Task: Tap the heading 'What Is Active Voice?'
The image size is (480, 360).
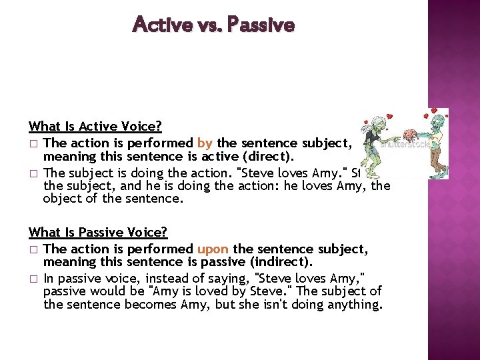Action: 95,126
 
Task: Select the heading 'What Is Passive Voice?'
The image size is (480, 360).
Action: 98,232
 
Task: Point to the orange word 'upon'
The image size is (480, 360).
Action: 213,249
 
